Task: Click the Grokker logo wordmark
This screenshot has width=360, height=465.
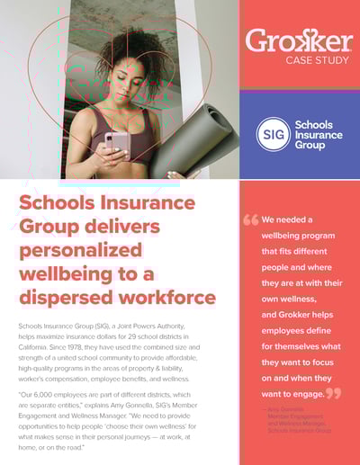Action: (x=300, y=40)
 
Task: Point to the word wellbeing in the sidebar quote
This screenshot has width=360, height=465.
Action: (x=289, y=236)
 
